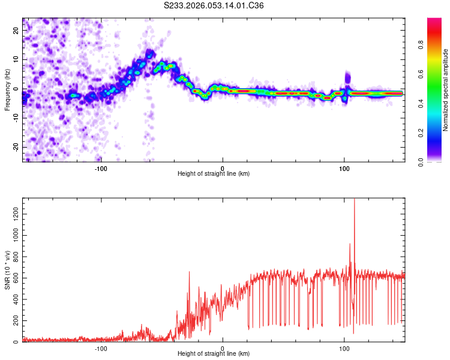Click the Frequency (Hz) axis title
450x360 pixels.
[8, 89]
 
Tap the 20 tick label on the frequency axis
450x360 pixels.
[17, 31]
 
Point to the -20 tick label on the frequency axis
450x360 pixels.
[17, 147]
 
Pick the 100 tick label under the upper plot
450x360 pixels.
[344, 167]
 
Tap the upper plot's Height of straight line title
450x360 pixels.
[214, 173]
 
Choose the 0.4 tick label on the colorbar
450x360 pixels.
[422, 103]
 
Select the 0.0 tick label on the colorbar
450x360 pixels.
[422, 161]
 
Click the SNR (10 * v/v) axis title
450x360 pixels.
[8, 271]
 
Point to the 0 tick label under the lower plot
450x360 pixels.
[223, 348]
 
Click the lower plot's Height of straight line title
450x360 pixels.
[214, 354]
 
